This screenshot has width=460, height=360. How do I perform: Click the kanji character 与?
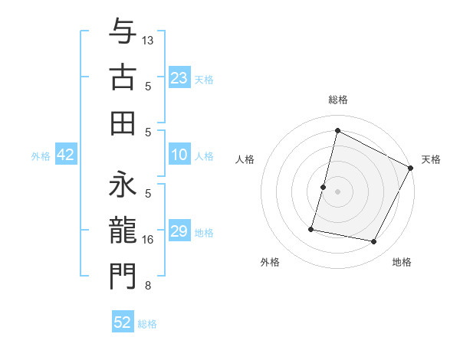[x=123, y=33]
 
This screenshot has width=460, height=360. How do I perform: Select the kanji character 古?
[x=123, y=77]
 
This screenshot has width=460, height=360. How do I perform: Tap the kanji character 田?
[x=123, y=122]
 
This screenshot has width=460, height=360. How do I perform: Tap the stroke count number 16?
[x=148, y=240]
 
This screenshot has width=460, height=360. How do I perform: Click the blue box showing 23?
[x=179, y=78]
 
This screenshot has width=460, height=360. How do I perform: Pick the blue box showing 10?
[x=179, y=155]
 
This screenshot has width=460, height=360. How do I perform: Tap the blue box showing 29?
[x=179, y=231]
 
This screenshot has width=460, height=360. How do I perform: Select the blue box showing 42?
[x=65, y=155]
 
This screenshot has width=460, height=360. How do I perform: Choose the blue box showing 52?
[x=123, y=322]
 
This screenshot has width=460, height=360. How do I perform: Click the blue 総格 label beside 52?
[x=147, y=324]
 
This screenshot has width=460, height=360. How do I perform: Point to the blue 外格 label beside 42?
[x=41, y=156]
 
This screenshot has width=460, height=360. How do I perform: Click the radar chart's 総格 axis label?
[x=337, y=100]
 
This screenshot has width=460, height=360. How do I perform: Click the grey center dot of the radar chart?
[x=337, y=191]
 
